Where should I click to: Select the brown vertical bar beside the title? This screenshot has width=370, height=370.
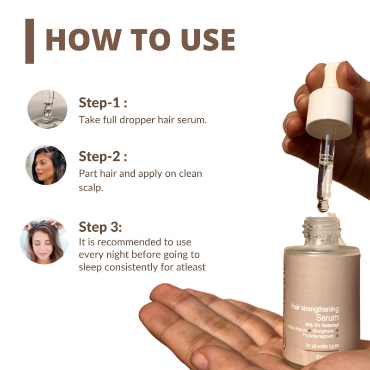30,41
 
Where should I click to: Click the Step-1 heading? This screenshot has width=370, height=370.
103,103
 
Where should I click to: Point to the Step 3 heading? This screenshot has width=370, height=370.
100,227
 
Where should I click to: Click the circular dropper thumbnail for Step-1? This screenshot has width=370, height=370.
47,109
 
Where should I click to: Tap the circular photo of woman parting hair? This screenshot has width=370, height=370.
46,165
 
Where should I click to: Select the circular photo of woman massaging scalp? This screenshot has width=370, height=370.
44,240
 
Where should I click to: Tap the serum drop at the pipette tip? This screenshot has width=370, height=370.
323,205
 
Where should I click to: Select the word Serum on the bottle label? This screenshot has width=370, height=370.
328,318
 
